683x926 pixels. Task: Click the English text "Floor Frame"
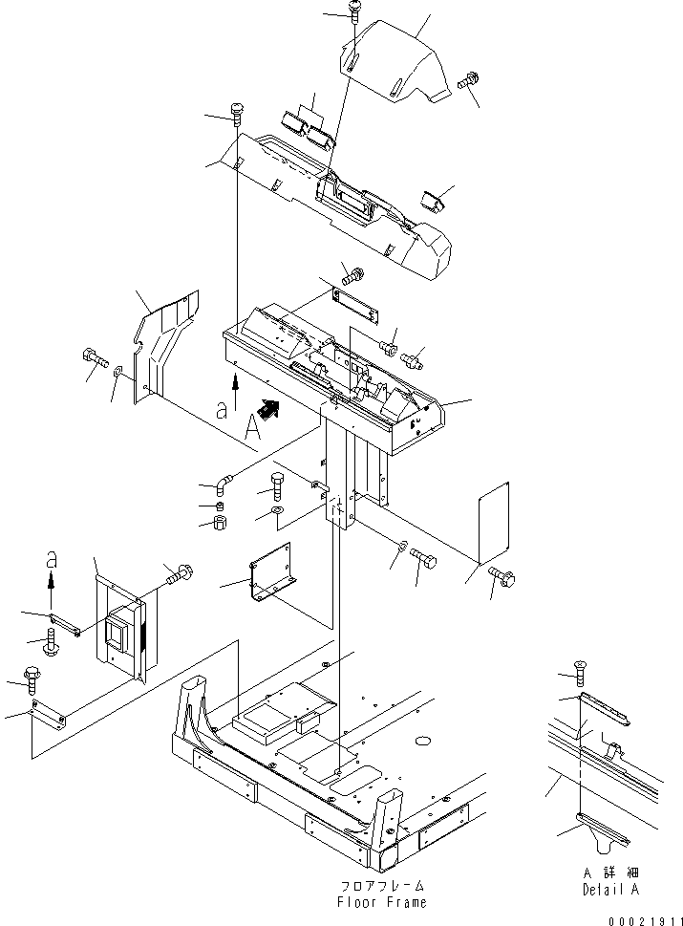[380, 902]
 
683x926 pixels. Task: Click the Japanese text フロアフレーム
[380, 886]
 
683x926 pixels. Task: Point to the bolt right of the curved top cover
[468, 83]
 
